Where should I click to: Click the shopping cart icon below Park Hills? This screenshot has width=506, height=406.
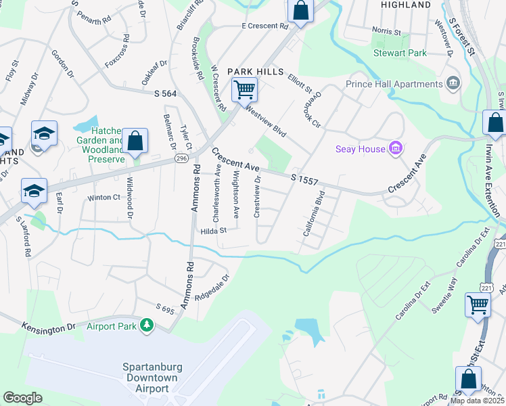[x=244, y=89]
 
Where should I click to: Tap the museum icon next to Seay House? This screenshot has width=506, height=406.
[x=396, y=148]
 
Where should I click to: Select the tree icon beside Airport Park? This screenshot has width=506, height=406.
[x=146, y=326]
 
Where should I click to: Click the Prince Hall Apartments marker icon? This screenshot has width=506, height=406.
[x=453, y=85]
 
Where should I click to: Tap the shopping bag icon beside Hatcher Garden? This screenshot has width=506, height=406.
[x=135, y=141]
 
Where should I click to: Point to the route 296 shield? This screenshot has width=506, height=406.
[x=181, y=158]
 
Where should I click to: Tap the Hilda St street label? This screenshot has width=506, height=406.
[x=212, y=231]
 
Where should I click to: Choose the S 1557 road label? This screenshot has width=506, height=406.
[x=304, y=178]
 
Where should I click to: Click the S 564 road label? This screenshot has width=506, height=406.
[x=165, y=93]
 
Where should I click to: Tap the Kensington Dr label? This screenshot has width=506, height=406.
[x=48, y=327]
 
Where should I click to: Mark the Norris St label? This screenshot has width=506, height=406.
[x=386, y=30]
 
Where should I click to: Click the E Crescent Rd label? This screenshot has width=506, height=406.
[x=264, y=26]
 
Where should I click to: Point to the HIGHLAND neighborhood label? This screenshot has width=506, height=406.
[x=405, y=5]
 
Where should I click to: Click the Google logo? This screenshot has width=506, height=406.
[x=22, y=398]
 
